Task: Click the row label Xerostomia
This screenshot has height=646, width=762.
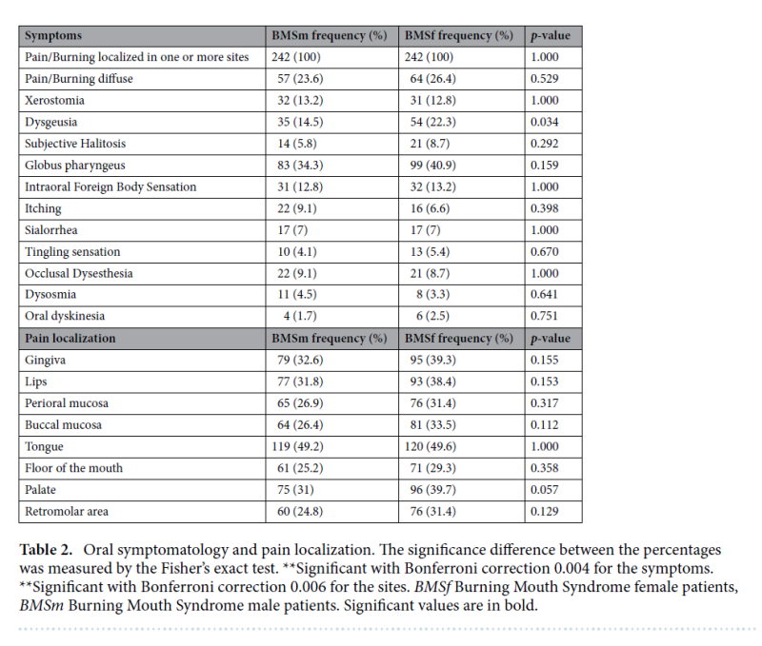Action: pos(53,101)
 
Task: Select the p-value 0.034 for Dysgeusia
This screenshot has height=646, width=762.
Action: pos(545,122)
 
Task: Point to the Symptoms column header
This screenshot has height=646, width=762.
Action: pos(53,36)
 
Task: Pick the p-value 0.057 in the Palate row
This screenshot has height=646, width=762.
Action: pos(545,489)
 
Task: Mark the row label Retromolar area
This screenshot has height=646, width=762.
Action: pos(66,511)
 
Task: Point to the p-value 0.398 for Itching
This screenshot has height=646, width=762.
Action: pos(545,208)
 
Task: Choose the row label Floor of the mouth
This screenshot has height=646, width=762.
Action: pos(73,467)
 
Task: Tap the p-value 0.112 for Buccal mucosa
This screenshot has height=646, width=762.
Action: pos(545,424)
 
